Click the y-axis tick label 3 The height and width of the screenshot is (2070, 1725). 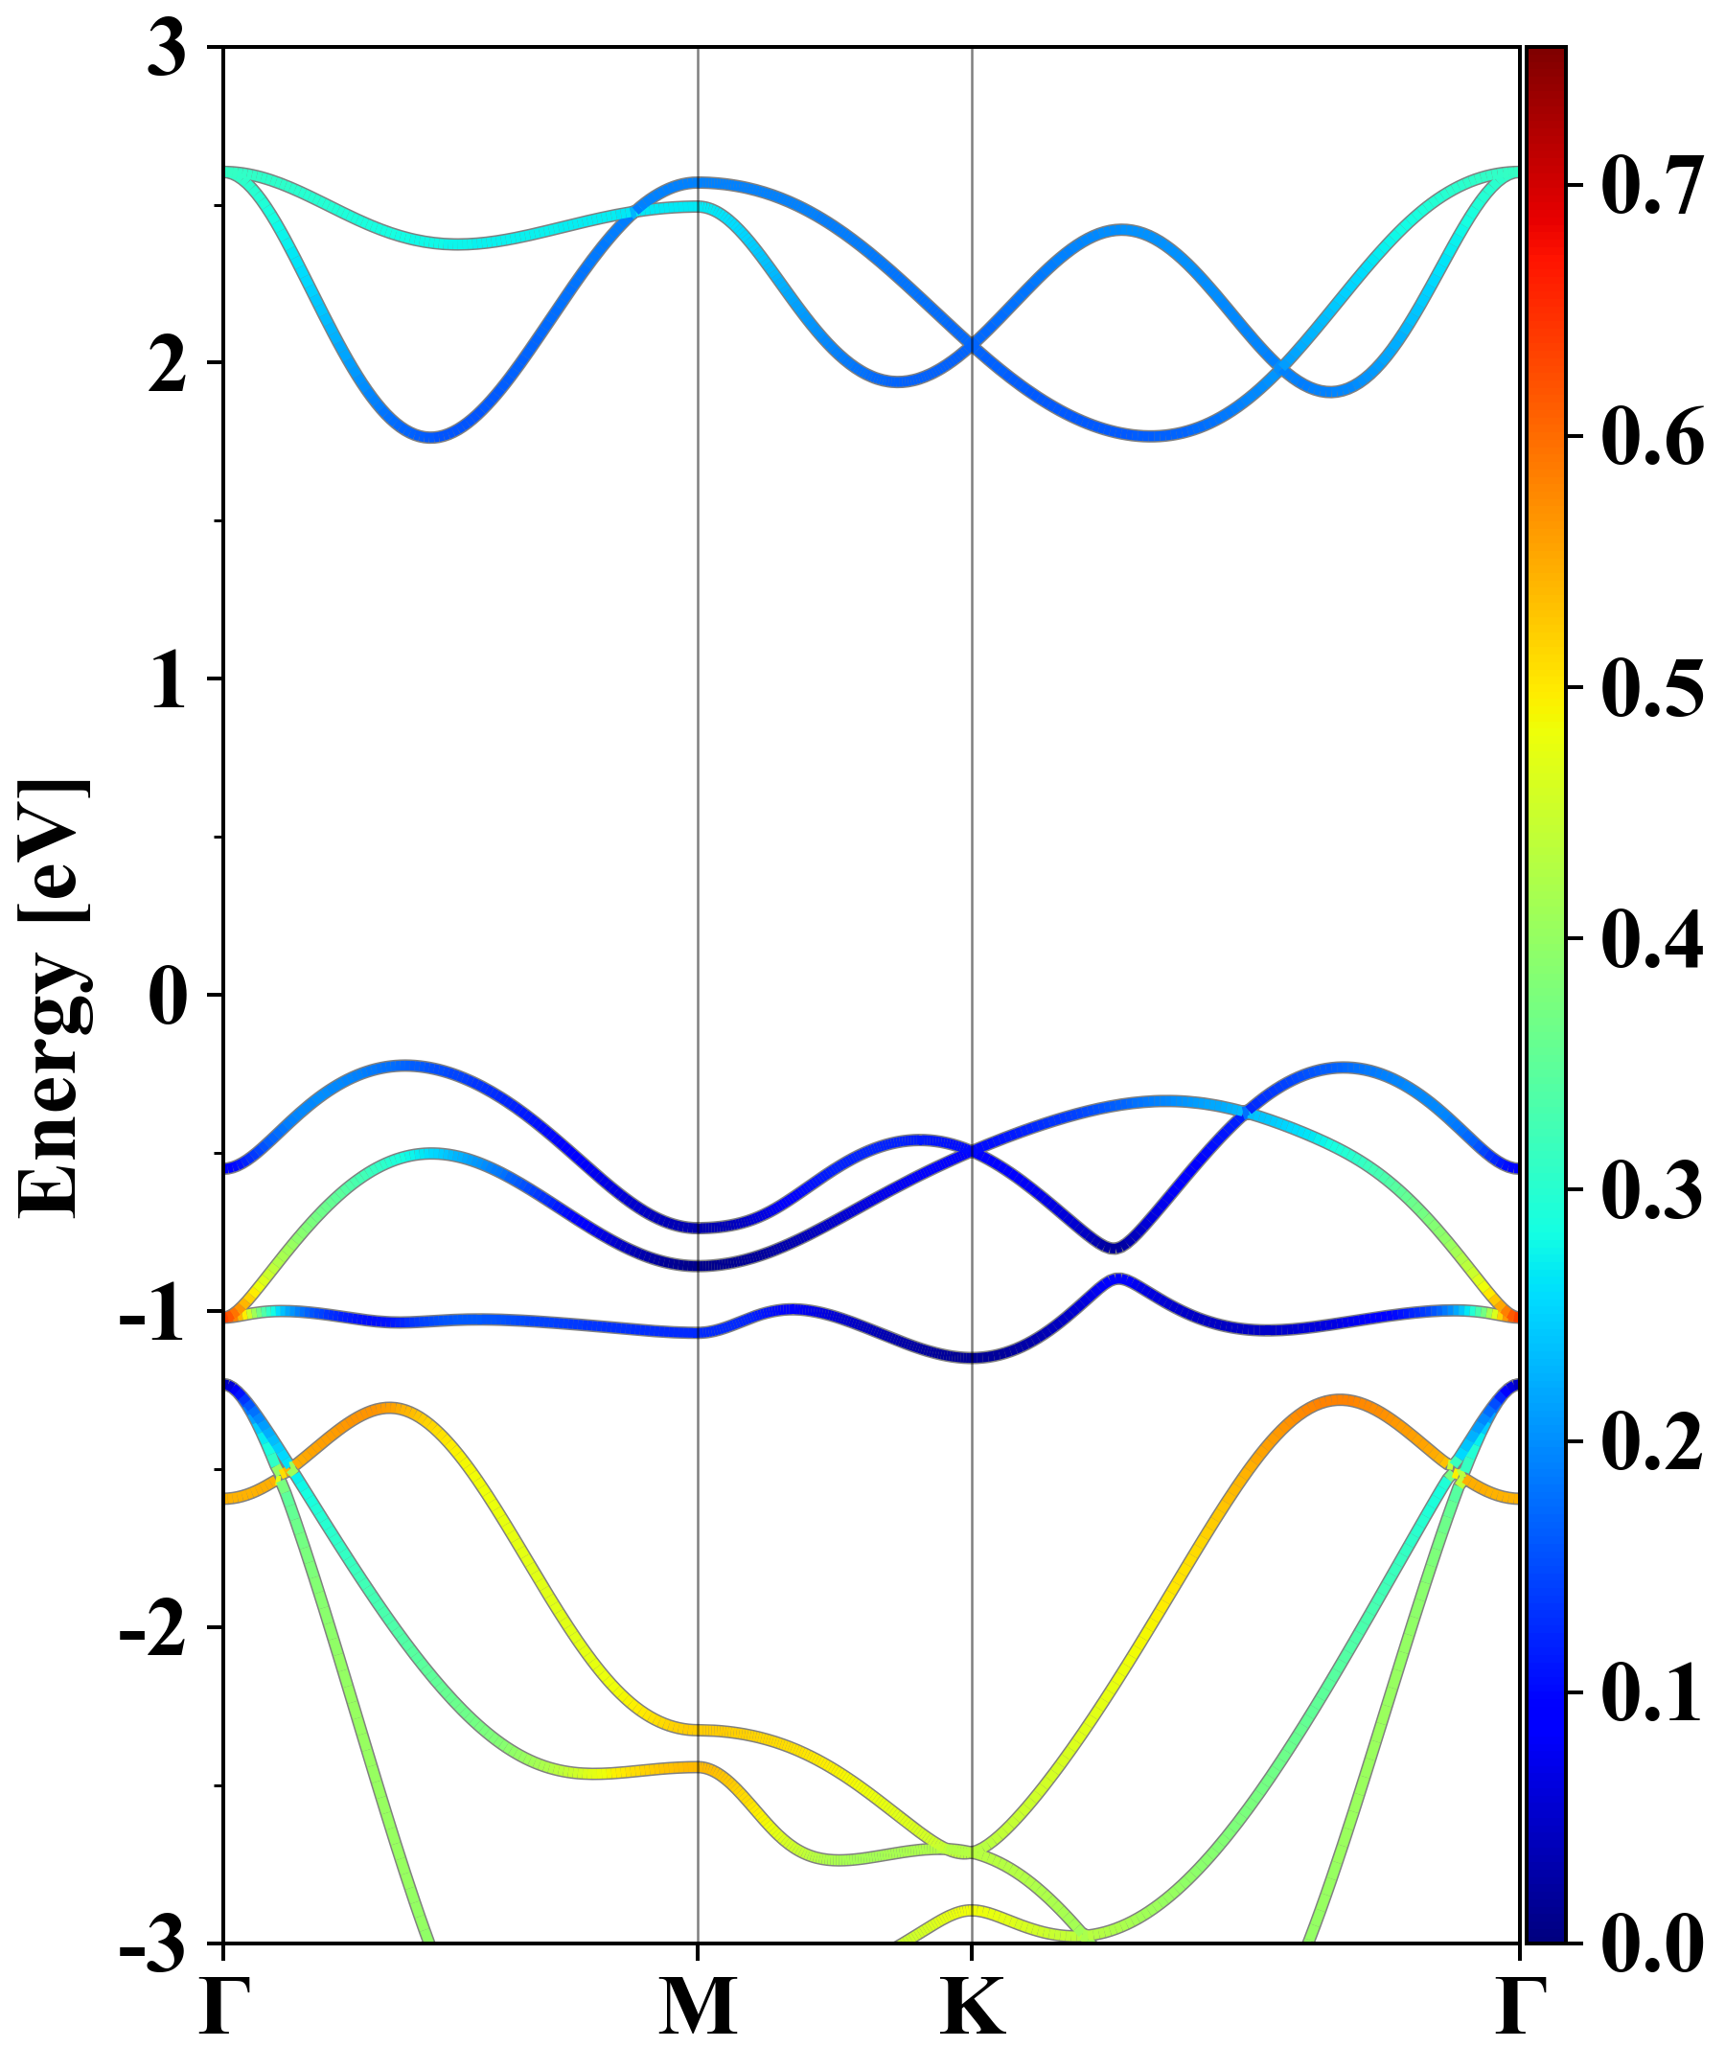[x=167, y=51]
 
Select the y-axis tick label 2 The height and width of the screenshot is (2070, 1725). [x=167, y=367]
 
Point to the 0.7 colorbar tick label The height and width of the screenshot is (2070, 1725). [x=1652, y=185]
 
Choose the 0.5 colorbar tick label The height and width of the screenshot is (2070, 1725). [x=1652, y=688]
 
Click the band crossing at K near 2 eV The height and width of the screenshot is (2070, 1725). [x=973, y=344]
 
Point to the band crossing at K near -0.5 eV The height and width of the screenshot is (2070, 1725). [x=973, y=1150]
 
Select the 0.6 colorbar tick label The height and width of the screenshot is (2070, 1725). [x=1652, y=437]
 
